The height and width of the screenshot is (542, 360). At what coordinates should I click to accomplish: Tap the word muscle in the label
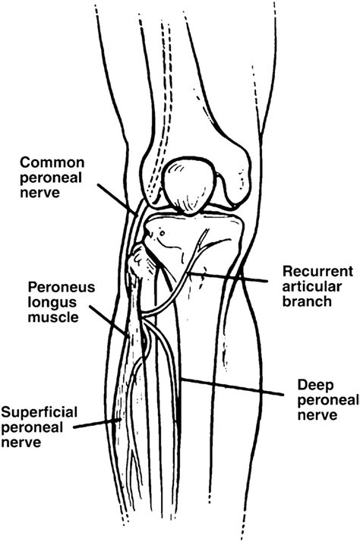[52, 318]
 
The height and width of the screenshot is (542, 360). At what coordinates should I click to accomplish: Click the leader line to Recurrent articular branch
[235, 277]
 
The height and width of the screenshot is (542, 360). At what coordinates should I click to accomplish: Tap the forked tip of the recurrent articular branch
[204, 241]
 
